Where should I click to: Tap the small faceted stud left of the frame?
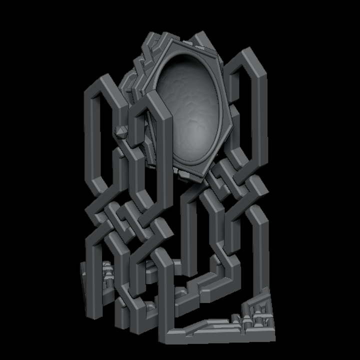coord(121,133)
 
